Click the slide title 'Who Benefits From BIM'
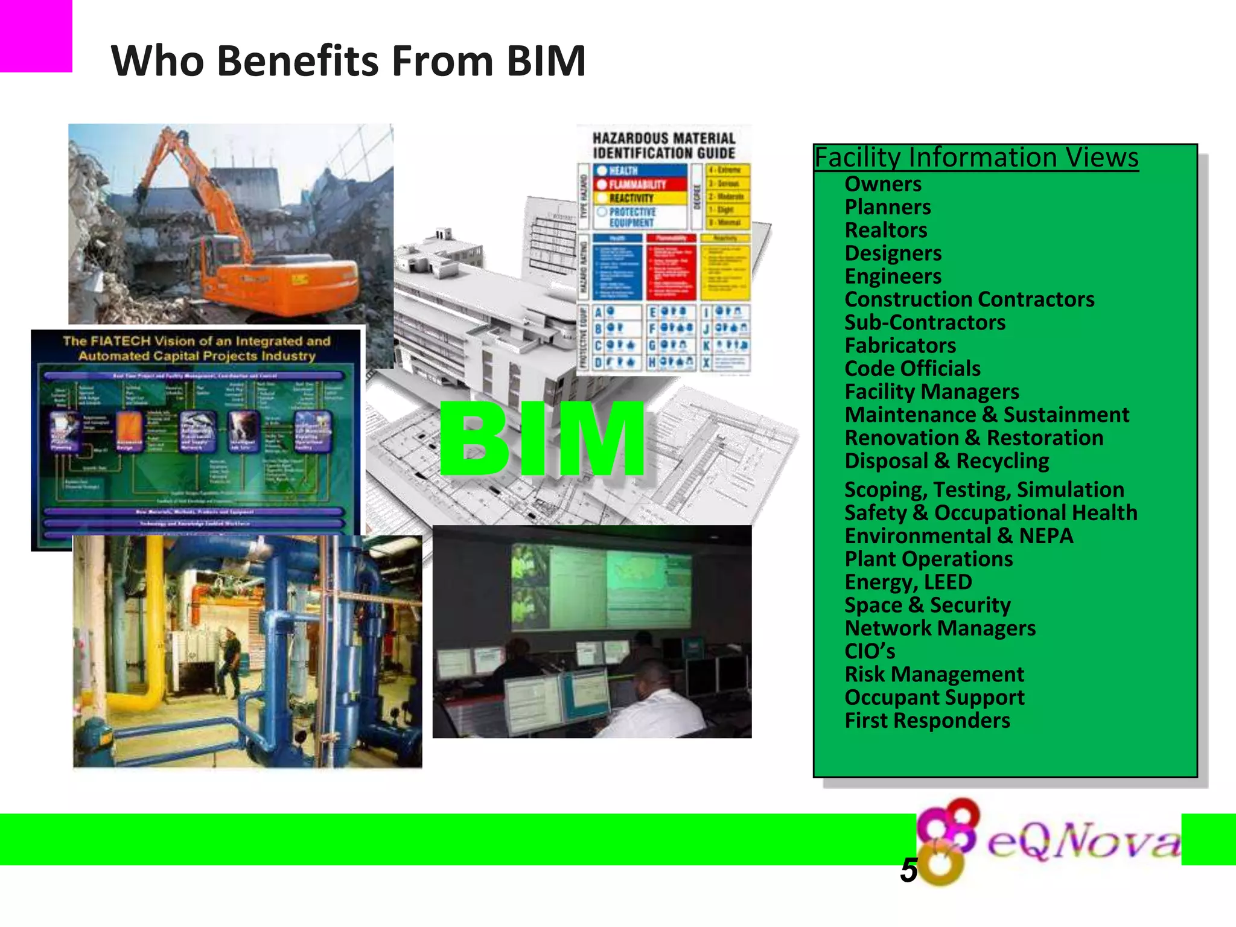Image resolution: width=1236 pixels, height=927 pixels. click(348, 61)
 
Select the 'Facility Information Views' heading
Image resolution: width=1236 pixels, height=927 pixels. click(976, 158)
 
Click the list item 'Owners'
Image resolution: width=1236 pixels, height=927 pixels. click(882, 184)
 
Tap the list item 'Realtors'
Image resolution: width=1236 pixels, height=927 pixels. click(885, 230)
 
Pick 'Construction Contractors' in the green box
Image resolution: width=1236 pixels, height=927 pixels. click(969, 299)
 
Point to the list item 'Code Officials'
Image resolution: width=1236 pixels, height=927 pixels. click(912, 369)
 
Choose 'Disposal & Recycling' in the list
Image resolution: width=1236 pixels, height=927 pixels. click(946, 461)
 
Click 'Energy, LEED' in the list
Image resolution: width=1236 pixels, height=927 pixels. click(908, 582)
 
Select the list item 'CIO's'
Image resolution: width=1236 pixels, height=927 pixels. click(869, 651)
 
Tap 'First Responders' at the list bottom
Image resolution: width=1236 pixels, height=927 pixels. click(926, 721)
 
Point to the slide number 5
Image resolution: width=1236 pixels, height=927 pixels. click(908, 871)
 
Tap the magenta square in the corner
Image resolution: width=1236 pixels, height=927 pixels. click(35, 35)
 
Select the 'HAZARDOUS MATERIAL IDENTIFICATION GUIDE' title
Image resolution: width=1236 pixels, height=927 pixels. click(663, 146)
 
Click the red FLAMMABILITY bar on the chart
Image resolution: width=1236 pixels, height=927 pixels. click(640, 184)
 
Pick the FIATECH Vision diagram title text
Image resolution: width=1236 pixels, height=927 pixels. click(197, 348)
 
